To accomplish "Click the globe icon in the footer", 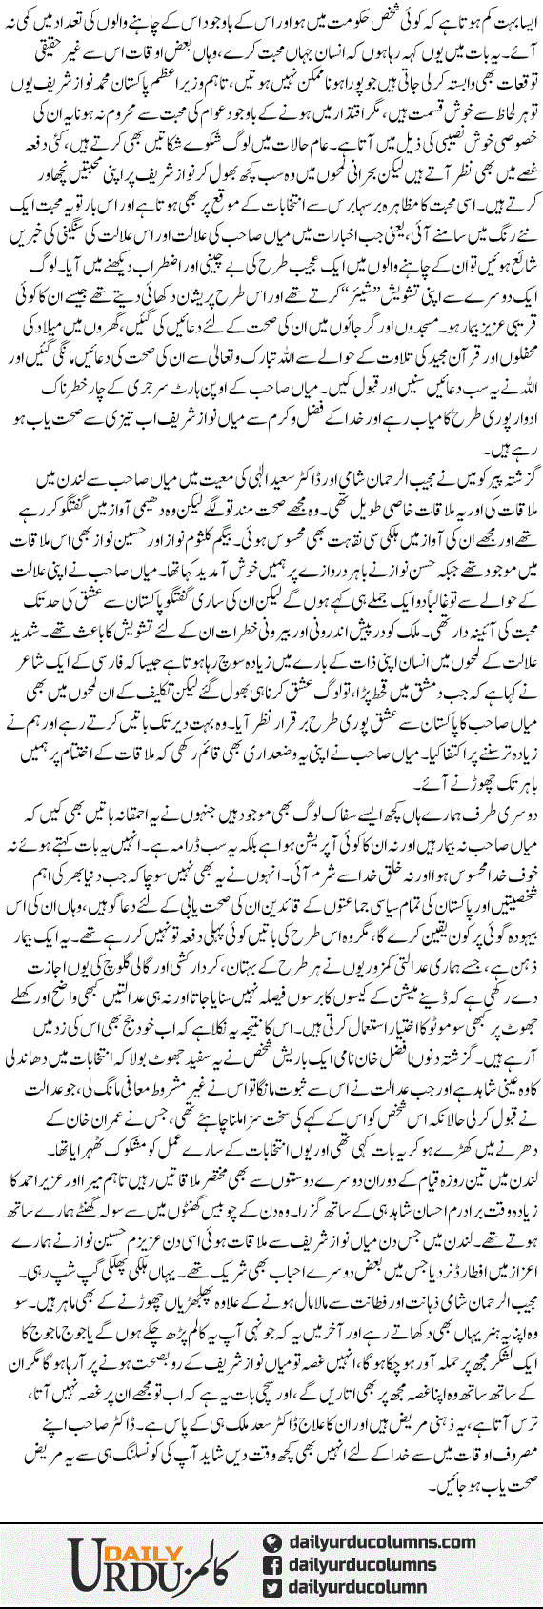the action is pyautogui.click(x=271, y=1535).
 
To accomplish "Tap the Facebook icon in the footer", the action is pyautogui.click(x=271, y=1562).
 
